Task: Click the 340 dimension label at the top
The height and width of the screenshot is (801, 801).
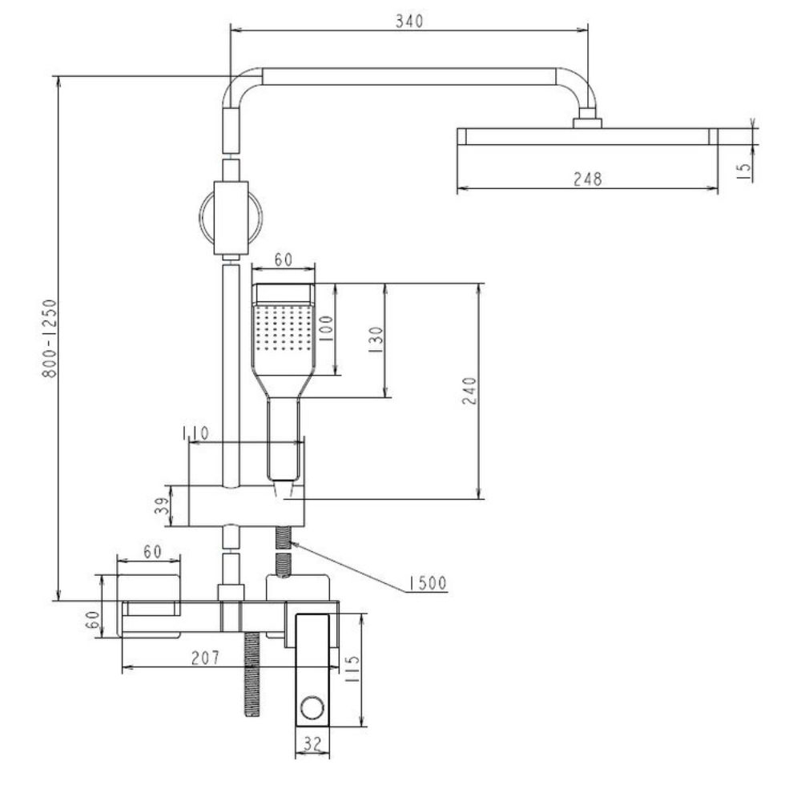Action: tap(409, 21)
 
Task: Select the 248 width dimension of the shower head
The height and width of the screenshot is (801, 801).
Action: tap(587, 179)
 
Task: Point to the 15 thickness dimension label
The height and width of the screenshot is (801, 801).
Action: tap(745, 170)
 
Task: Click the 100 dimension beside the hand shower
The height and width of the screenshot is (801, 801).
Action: tap(326, 328)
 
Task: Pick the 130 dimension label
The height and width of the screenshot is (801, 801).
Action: tap(375, 340)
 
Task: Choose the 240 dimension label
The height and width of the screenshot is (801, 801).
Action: tap(469, 391)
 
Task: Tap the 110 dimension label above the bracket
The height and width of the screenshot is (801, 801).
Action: tap(195, 433)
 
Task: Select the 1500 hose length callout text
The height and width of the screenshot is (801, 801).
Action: tap(427, 583)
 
